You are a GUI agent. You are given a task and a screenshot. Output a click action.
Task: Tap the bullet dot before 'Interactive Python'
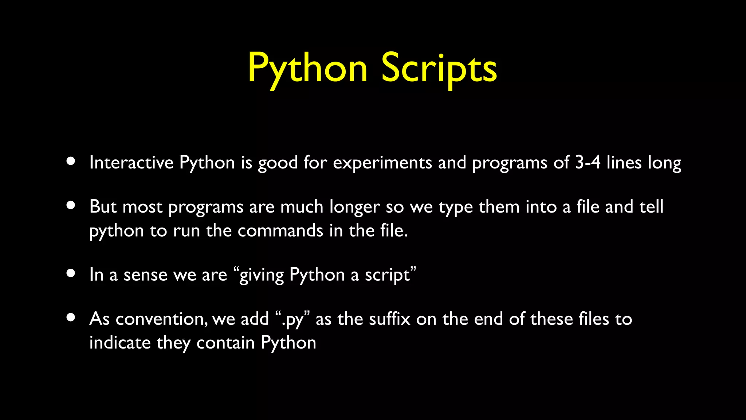[71, 161]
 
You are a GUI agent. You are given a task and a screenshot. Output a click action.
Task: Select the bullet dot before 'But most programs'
[71, 205]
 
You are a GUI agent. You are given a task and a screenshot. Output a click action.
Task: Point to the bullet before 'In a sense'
[71, 273]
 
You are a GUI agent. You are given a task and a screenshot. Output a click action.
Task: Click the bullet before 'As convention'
[71, 318]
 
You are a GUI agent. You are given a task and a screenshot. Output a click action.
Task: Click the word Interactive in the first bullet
[131, 163]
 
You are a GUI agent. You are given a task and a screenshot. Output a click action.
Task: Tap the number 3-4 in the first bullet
[588, 163]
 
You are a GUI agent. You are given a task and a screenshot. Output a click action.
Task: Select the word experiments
[382, 163]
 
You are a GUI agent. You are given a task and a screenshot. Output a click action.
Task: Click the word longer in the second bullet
[354, 207]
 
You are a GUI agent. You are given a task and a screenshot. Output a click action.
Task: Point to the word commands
[280, 231]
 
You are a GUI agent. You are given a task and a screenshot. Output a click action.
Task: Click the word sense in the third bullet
[145, 275]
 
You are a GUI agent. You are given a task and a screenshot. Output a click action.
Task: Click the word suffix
[389, 319]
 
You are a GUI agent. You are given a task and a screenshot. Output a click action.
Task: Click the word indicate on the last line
[120, 343]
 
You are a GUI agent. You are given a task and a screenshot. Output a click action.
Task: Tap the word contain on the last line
[225, 343]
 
